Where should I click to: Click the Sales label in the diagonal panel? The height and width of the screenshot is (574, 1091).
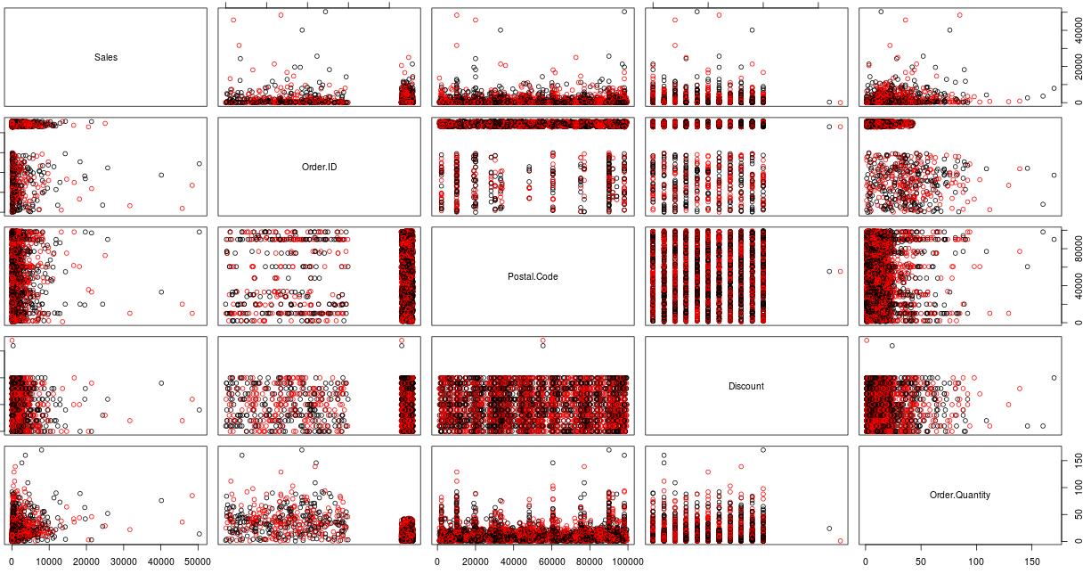point(106,58)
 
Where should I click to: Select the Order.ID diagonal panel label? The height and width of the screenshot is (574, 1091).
point(319,168)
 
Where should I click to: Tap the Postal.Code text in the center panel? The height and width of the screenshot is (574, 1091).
point(533,277)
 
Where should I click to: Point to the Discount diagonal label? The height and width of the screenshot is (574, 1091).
point(746,387)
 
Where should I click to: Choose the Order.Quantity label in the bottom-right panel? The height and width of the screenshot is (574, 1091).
point(959,495)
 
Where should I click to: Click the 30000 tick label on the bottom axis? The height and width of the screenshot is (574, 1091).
point(124,562)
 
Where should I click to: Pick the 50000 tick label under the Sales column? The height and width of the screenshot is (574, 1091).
point(198,562)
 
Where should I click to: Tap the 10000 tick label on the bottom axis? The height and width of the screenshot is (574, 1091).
point(49,562)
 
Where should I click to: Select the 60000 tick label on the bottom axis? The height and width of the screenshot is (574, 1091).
point(551,562)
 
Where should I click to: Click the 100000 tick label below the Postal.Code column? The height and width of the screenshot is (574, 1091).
point(628,562)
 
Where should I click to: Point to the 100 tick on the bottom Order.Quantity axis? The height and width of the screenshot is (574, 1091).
point(976,562)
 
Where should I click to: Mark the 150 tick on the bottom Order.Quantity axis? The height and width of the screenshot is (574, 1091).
point(1032,562)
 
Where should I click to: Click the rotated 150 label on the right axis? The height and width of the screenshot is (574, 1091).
point(1079,461)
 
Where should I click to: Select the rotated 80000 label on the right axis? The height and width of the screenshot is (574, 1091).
point(1079,249)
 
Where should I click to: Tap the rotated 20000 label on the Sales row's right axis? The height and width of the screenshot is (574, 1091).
point(1079,66)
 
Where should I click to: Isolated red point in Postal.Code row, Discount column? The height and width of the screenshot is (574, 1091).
point(840,272)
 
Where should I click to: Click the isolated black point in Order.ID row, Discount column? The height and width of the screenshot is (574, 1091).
point(829,127)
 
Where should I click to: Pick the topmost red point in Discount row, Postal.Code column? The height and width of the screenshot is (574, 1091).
point(543,340)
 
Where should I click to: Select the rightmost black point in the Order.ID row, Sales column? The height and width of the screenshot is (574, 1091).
point(199,164)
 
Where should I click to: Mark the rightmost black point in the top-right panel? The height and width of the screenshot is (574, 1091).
point(1054,88)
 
